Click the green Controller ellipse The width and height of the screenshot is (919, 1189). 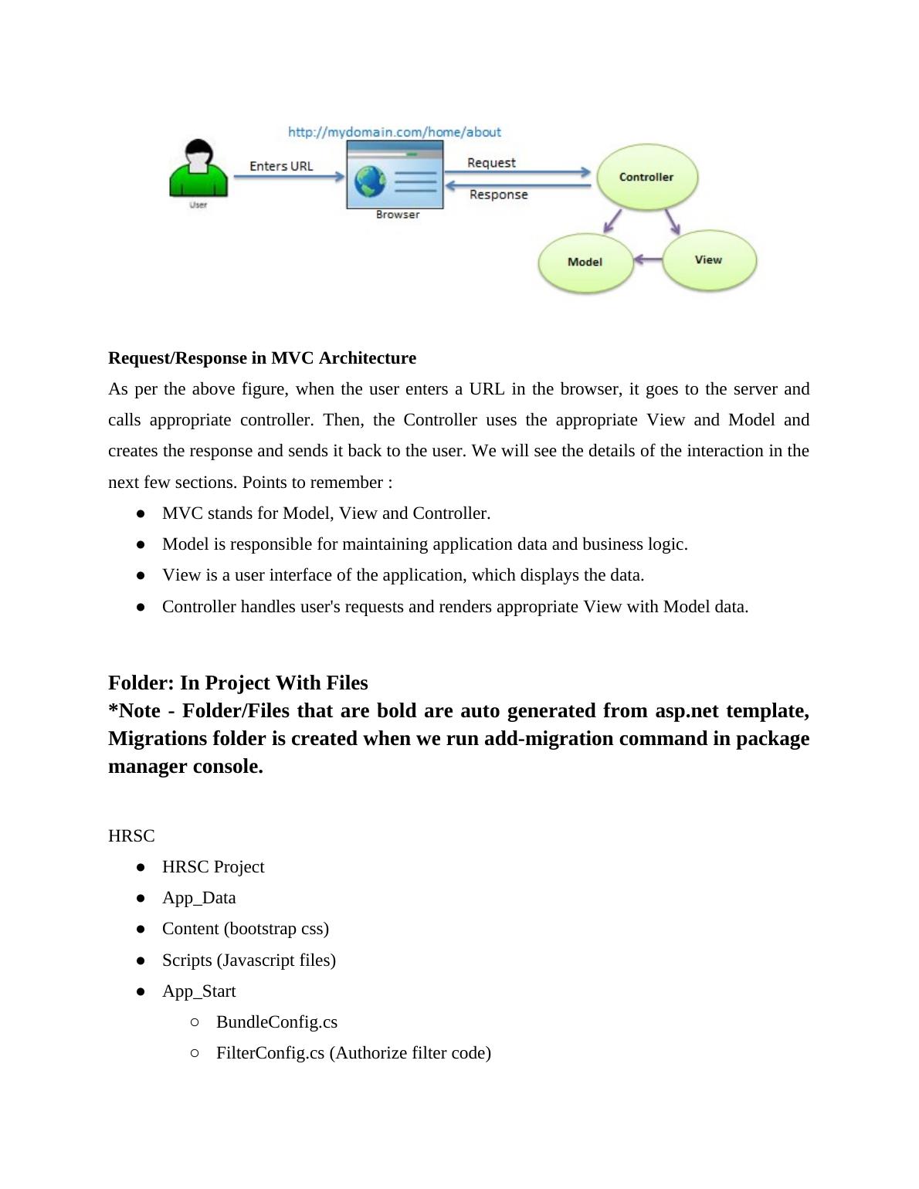(647, 177)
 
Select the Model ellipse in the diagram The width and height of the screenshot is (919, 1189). (585, 263)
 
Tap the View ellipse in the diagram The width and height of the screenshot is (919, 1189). (708, 260)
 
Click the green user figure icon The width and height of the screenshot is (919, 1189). (198, 170)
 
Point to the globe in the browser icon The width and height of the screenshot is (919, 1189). (370, 182)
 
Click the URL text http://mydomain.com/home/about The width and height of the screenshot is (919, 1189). (395, 132)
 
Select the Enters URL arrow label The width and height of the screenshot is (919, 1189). (281, 166)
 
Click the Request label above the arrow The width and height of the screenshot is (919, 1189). (491, 163)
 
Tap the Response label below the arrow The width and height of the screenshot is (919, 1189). (499, 195)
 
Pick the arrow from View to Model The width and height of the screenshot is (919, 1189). (648, 259)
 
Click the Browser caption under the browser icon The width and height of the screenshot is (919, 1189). (398, 215)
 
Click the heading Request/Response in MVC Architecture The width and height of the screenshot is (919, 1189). (262, 358)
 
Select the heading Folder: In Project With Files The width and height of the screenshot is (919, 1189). (238, 683)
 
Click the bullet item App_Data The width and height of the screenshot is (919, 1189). (198, 898)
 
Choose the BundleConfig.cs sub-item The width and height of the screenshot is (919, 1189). (276, 1022)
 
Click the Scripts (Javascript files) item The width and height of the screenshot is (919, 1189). (249, 960)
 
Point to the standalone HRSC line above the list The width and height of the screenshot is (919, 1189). (131, 836)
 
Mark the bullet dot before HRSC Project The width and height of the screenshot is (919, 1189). (141, 867)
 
